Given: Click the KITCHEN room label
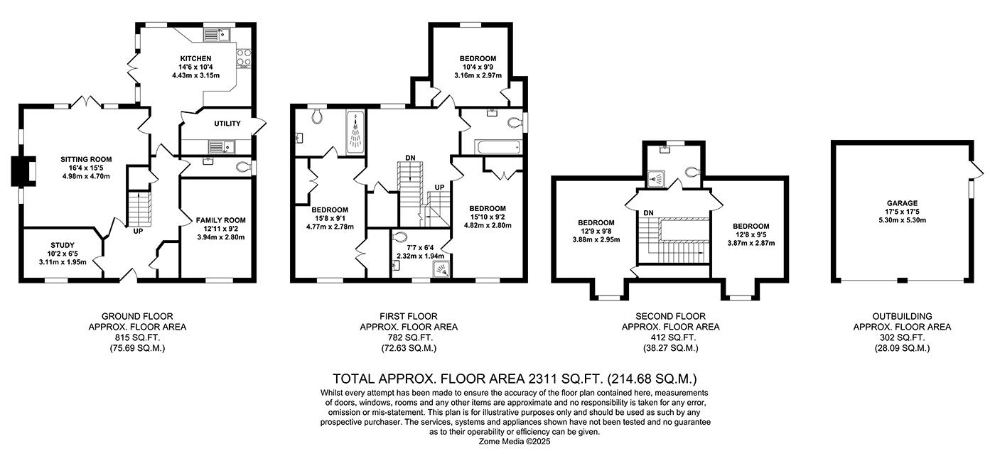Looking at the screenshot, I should coord(195,58).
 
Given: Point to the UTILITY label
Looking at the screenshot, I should coord(227,124).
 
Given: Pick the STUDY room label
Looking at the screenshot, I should coord(63,246).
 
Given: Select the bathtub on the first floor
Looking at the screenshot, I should coord(500,147).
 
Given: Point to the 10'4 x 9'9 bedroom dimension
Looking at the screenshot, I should coord(478,67).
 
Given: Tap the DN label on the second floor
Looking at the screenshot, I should coord(648,212).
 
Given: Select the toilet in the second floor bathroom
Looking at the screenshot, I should coord(692,172).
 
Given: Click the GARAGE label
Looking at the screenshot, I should coord(902,202).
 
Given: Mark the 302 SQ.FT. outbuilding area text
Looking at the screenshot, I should coord(902,337).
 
